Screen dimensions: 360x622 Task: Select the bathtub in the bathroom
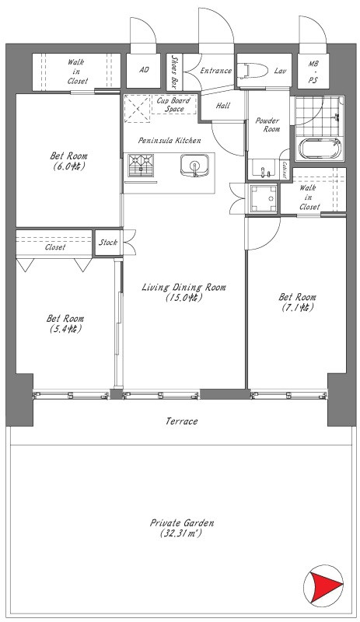tap(320, 149)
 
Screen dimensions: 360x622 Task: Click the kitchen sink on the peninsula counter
tap(194, 165)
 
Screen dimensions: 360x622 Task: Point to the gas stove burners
tap(141, 166)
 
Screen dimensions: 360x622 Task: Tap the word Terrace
tap(181, 421)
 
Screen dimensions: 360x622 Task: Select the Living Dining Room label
tap(183, 292)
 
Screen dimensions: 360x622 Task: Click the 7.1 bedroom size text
tap(297, 307)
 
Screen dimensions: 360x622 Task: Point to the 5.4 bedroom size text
tap(65, 328)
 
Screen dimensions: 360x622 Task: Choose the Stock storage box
tap(107, 242)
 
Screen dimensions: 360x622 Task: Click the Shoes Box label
tap(174, 71)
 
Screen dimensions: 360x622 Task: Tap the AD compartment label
tap(144, 70)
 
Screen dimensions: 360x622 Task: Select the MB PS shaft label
tap(313, 72)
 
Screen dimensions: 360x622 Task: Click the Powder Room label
tap(267, 124)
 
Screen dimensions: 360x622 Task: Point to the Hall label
tap(223, 106)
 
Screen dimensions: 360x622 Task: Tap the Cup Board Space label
tap(173, 104)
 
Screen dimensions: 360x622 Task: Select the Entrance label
tap(215, 71)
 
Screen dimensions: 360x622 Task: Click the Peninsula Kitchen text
tap(170, 140)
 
